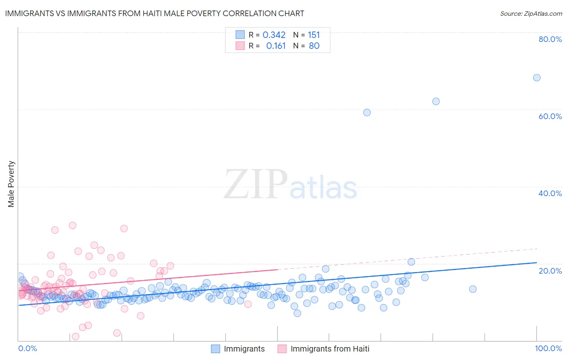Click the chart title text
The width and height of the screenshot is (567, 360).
pos(154,13)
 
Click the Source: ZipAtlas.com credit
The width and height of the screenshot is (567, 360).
pos(531,13)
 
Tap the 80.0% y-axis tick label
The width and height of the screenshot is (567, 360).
pos(550,39)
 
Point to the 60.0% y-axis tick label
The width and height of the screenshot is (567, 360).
pos(550,116)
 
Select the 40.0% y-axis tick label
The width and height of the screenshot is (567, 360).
pos(550,193)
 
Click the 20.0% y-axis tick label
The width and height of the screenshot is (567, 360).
pos(550,271)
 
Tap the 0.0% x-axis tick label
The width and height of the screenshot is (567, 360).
pos(28,348)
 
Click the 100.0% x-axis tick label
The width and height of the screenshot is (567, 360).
pos(548,348)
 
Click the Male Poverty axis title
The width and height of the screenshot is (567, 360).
pos(11,184)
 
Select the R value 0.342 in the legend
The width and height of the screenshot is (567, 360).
pos(274,35)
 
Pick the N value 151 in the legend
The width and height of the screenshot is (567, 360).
pos(314,35)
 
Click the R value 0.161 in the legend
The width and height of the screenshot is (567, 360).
pos(276,46)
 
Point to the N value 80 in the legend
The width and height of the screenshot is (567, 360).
pos(314,46)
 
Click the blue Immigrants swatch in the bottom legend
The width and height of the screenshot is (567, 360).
pos(216,349)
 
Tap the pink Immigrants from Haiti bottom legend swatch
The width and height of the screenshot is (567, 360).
pos(282,349)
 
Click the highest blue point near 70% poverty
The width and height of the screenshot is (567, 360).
pos(537,77)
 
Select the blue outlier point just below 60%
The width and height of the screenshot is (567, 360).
pos(367,113)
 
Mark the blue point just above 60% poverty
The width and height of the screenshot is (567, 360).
pos(436,101)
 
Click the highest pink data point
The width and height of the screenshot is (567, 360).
pos(73,226)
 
